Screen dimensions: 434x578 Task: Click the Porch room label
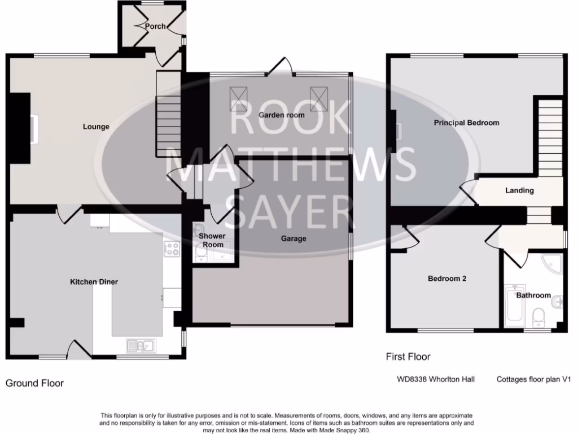point(155,26)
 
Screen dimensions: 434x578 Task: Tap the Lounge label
point(96,127)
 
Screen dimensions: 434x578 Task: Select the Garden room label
point(282,115)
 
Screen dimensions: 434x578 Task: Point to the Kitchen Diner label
point(94,281)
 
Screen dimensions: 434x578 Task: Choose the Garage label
point(294,238)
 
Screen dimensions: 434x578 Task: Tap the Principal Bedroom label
point(466,123)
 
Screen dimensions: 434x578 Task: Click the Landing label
point(519,190)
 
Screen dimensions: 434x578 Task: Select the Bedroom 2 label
point(446,279)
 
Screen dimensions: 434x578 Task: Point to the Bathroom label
point(533,295)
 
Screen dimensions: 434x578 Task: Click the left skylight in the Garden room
point(238,99)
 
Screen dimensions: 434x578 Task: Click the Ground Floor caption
point(34,383)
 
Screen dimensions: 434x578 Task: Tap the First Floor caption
point(408,357)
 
